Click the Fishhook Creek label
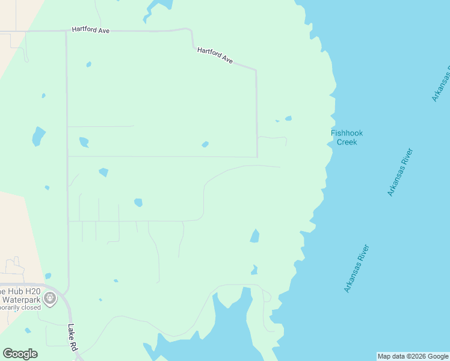pos(347,138)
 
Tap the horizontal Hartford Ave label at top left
pos(90,29)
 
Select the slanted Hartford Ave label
pos(215,55)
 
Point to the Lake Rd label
pos(72,338)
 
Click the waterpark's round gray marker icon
pos(50,297)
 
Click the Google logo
pos(20,354)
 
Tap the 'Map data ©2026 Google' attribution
pos(413,356)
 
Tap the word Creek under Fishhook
pos(347,142)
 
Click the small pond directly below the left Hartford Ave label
pos(88,64)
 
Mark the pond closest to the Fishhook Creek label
pos(288,119)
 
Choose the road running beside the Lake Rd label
pos(68,313)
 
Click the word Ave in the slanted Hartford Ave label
pos(227,60)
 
